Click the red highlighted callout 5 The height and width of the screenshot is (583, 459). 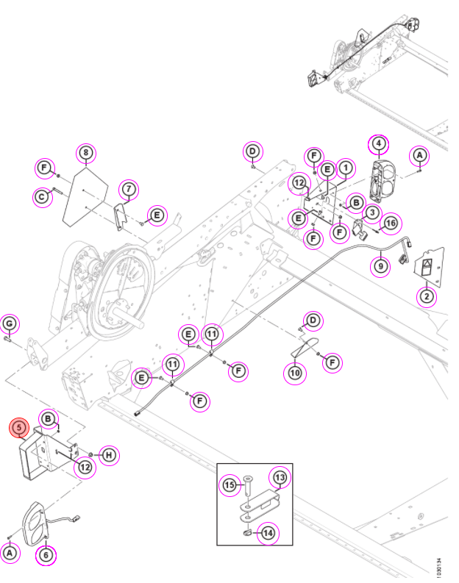19,428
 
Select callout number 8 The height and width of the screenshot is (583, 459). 86,152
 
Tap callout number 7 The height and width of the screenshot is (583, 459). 129,189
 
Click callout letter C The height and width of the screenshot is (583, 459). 42,196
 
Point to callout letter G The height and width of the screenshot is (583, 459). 10,323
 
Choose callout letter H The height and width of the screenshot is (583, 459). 109,455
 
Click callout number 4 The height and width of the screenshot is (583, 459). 379,143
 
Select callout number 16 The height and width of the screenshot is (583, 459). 391,223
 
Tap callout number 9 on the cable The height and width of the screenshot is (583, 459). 380,266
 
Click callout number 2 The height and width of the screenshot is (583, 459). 427,297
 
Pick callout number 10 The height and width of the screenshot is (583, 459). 295,373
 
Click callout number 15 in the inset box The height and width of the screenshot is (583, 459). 230,484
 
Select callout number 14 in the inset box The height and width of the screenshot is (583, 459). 268,533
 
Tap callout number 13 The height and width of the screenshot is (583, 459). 280,477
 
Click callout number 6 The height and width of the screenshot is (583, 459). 46,555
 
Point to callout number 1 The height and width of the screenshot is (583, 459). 346,168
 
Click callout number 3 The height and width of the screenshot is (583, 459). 372,212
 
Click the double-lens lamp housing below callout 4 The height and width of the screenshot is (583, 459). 382,182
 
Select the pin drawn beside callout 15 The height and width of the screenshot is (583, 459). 248,484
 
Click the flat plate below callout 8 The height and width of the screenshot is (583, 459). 85,196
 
